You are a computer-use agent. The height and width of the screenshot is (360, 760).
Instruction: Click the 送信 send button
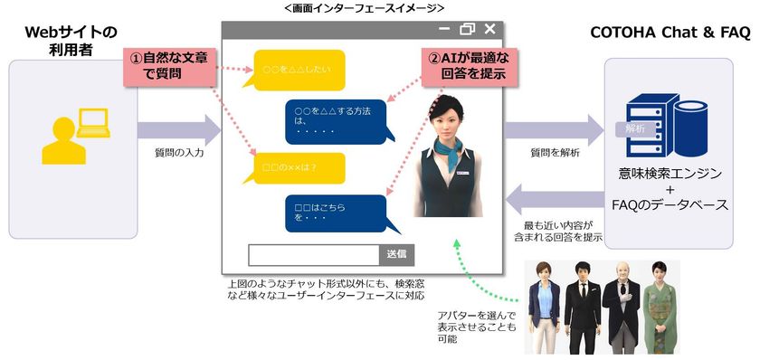(x=400, y=255)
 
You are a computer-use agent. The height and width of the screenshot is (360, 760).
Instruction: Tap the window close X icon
(x=489, y=29)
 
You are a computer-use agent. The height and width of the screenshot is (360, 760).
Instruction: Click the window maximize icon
(x=468, y=29)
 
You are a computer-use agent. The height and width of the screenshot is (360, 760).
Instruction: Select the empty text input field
(x=313, y=255)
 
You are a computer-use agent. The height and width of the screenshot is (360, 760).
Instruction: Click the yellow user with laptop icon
(x=71, y=135)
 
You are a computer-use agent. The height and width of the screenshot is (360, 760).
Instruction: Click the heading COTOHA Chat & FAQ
(x=670, y=34)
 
